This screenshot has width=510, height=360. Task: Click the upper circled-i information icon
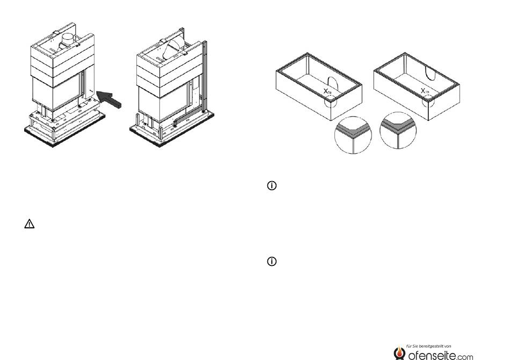[272, 186]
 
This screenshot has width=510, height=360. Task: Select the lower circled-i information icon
[272, 262]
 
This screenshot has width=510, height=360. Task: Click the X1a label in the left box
[329, 92]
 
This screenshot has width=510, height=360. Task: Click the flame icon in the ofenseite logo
[399, 352]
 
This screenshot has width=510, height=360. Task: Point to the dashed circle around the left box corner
[332, 100]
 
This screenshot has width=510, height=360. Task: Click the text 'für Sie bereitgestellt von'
[428, 345]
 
